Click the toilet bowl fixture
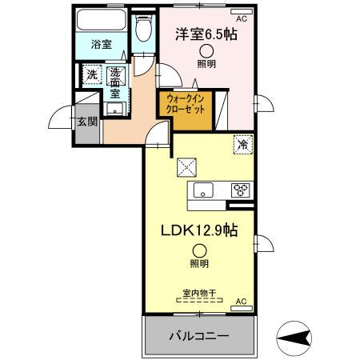pyautogui.click(x=142, y=30)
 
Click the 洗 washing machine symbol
pyautogui.click(x=90, y=75)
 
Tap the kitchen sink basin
pyautogui.click(x=202, y=191)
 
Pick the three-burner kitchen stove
pyautogui.click(x=240, y=190)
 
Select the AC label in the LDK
pyautogui.click(x=239, y=302)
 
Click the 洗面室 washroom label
pyautogui.click(x=115, y=80)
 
